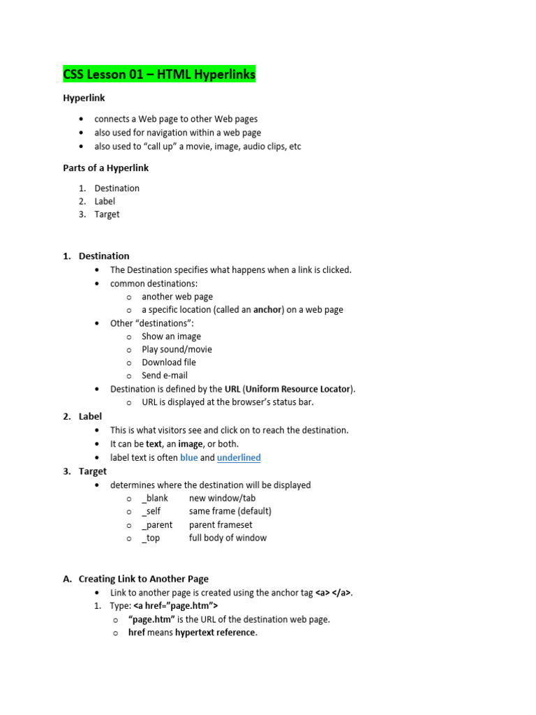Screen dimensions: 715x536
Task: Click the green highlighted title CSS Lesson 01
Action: [159, 74]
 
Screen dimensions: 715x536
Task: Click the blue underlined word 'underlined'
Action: [239, 457]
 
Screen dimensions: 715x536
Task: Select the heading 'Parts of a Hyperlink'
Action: [105, 168]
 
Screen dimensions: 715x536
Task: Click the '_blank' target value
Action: [155, 498]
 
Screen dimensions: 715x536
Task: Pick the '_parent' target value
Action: [157, 524]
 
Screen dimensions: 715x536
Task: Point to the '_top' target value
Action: [151, 538]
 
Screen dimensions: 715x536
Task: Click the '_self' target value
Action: [153, 511]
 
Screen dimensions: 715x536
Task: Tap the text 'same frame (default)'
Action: [230, 511]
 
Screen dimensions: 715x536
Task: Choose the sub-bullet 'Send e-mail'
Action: [165, 376]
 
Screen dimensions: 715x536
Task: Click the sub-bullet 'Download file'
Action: [169, 362]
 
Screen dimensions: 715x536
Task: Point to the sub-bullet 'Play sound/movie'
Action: [177, 349]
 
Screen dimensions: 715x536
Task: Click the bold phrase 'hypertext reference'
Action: [216, 633]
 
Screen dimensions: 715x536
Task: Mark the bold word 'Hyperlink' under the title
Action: [84, 98]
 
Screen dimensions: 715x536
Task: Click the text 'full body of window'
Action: [228, 538]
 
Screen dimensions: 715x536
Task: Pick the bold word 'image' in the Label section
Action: [190, 443]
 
